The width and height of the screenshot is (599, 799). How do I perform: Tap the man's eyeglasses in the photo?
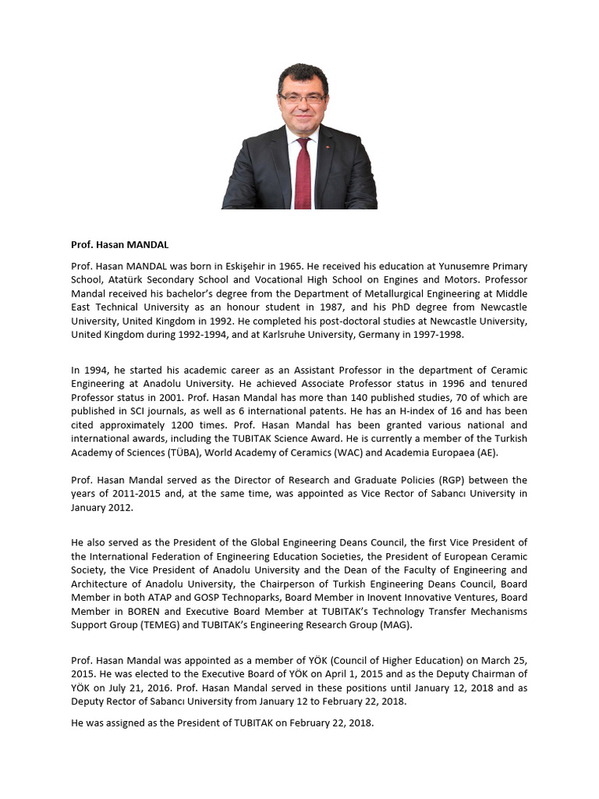(x=302, y=99)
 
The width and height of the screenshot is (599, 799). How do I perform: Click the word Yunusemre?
(x=441, y=266)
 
